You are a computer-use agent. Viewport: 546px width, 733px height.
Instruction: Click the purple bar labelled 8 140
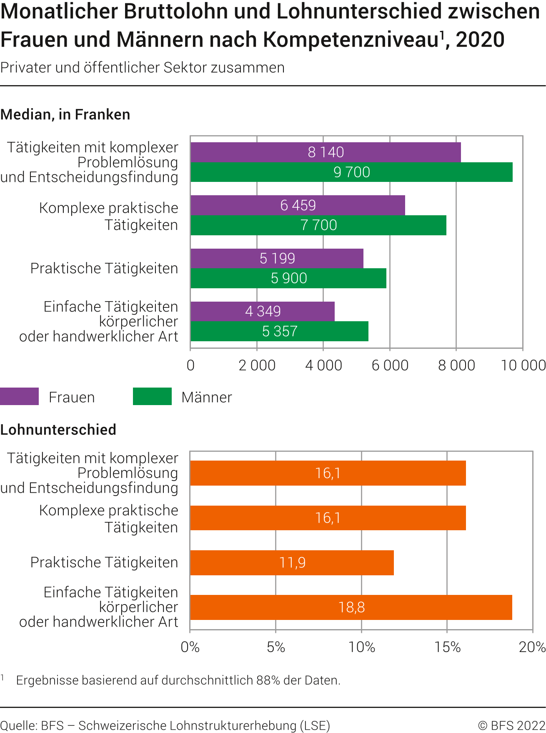326,152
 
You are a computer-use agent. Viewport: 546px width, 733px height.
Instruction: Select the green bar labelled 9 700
351,172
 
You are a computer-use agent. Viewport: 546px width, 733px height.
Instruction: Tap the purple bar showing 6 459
298,205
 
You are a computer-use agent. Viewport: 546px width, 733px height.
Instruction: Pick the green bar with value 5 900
288,278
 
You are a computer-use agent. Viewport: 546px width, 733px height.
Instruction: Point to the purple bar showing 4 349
263,311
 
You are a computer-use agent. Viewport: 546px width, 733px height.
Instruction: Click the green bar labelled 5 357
279,331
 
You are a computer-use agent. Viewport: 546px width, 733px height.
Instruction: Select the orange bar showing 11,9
292,562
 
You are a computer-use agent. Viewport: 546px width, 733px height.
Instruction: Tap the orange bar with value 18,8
351,607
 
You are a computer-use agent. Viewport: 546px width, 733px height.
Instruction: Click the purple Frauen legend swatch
19,396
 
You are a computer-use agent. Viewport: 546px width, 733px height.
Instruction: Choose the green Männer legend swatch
152,396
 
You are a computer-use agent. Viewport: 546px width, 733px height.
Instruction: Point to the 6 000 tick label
390,365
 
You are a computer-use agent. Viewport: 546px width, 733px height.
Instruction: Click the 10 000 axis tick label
523,365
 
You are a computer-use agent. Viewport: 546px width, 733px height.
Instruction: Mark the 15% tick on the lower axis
447,647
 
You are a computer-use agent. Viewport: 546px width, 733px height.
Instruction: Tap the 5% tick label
276,647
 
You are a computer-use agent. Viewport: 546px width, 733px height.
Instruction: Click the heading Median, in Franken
65,115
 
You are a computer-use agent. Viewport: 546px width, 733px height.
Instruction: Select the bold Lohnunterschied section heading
58,430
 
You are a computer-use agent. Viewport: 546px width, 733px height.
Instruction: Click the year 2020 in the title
480,40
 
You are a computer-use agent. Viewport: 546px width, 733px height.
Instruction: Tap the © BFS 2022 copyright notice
511,725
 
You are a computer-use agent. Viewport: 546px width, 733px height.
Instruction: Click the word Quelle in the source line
18,725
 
